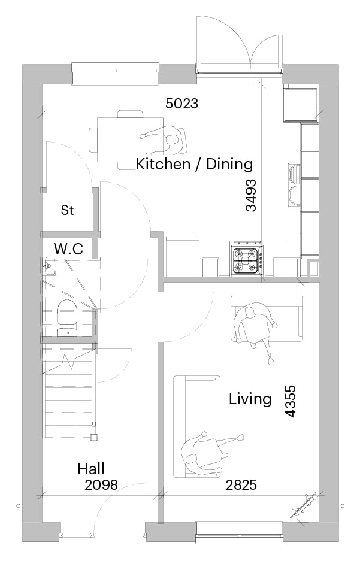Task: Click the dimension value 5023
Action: (181, 104)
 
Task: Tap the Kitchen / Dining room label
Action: (194, 164)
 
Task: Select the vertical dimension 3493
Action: (251, 195)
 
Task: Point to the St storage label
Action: (67, 210)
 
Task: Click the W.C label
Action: (69, 248)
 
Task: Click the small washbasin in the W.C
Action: (49, 266)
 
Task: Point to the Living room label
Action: (250, 399)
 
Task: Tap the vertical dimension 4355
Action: (290, 401)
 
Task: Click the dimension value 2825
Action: (241, 485)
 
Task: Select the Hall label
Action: (91, 469)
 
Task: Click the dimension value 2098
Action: (101, 485)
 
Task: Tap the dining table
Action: (130, 140)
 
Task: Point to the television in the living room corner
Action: (303, 506)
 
